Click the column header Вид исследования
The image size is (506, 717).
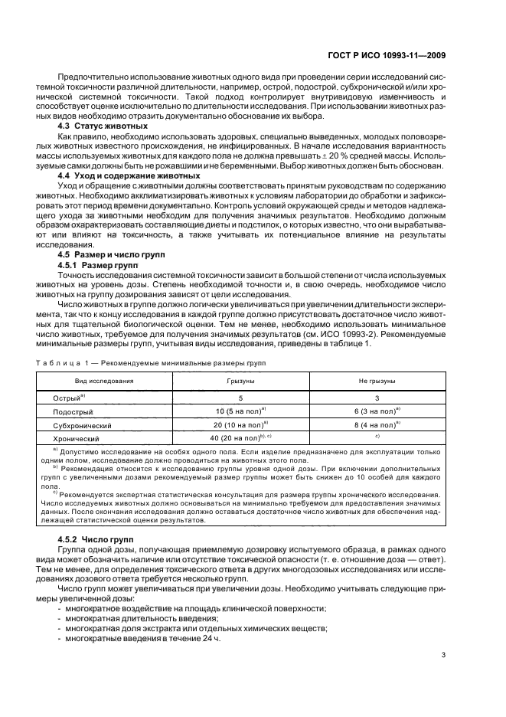click(x=103, y=380)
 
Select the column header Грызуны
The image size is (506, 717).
click(x=240, y=380)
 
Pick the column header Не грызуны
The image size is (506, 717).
click(x=377, y=380)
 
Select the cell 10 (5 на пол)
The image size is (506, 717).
click(x=240, y=411)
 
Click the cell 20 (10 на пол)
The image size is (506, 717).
click(x=240, y=424)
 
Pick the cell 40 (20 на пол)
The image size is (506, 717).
click(x=240, y=437)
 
